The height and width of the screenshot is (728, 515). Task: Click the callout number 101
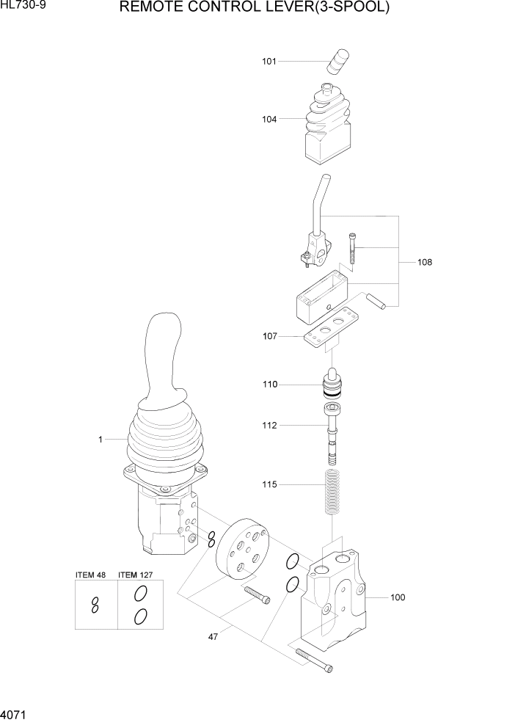269,62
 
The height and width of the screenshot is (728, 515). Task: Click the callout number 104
269,119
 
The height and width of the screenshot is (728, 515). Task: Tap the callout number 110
269,384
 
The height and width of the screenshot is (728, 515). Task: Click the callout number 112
269,425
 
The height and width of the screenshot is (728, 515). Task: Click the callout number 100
397,597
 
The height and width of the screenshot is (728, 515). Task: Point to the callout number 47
213,637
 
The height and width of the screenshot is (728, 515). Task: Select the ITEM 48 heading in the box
91,575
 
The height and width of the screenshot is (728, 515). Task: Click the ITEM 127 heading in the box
136,575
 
